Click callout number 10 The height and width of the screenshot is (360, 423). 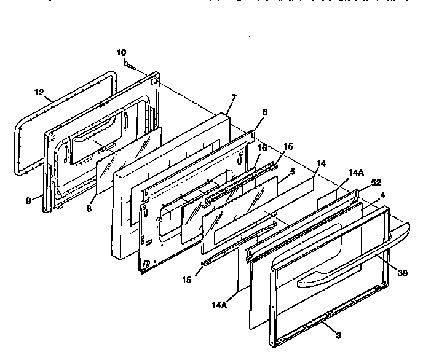(x=121, y=53)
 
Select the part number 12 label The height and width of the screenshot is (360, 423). (x=39, y=93)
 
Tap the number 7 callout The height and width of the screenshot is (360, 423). (x=234, y=98)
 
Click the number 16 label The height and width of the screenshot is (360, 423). (x=262, y=148)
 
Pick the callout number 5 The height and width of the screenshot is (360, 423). (x=292, y=171)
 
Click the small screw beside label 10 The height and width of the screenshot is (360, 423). (x=130, y=64)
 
